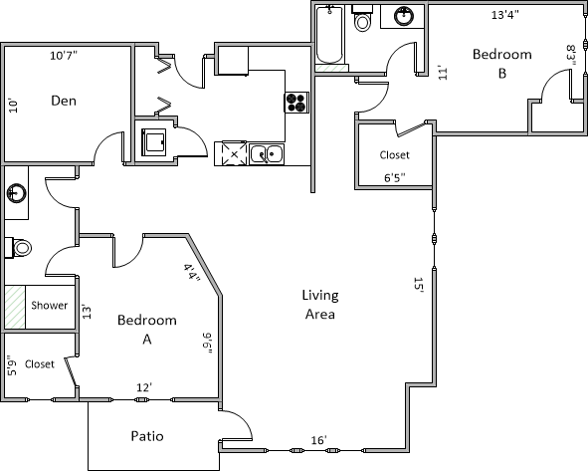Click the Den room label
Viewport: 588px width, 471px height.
point(64,101)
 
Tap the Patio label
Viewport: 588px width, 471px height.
point(147,436)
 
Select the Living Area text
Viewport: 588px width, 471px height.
point(320,305)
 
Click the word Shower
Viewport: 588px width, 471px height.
point(50,305)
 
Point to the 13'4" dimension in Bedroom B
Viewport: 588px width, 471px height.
point(505,15)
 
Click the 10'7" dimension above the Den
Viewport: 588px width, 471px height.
point(64,56)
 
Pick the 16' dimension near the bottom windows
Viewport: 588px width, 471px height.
point(319,440)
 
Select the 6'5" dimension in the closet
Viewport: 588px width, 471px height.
point(395,177)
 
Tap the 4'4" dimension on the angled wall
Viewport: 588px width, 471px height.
point(192,273)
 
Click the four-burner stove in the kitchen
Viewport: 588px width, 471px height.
point(296,103)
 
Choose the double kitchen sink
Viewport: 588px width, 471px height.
point(267,154)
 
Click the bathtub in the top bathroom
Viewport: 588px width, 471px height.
point(329,35)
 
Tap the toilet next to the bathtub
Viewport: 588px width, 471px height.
point(362,19)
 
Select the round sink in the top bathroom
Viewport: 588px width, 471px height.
point(404,16)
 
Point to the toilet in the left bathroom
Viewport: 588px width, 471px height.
point(18,248)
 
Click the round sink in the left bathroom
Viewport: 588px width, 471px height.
point(17,193)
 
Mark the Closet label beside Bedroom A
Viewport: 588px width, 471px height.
point(40,364)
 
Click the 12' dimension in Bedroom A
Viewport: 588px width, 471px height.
point(144,387)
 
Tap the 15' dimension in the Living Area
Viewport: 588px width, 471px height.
point(418,285)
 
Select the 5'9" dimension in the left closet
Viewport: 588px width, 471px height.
point(12,365)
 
